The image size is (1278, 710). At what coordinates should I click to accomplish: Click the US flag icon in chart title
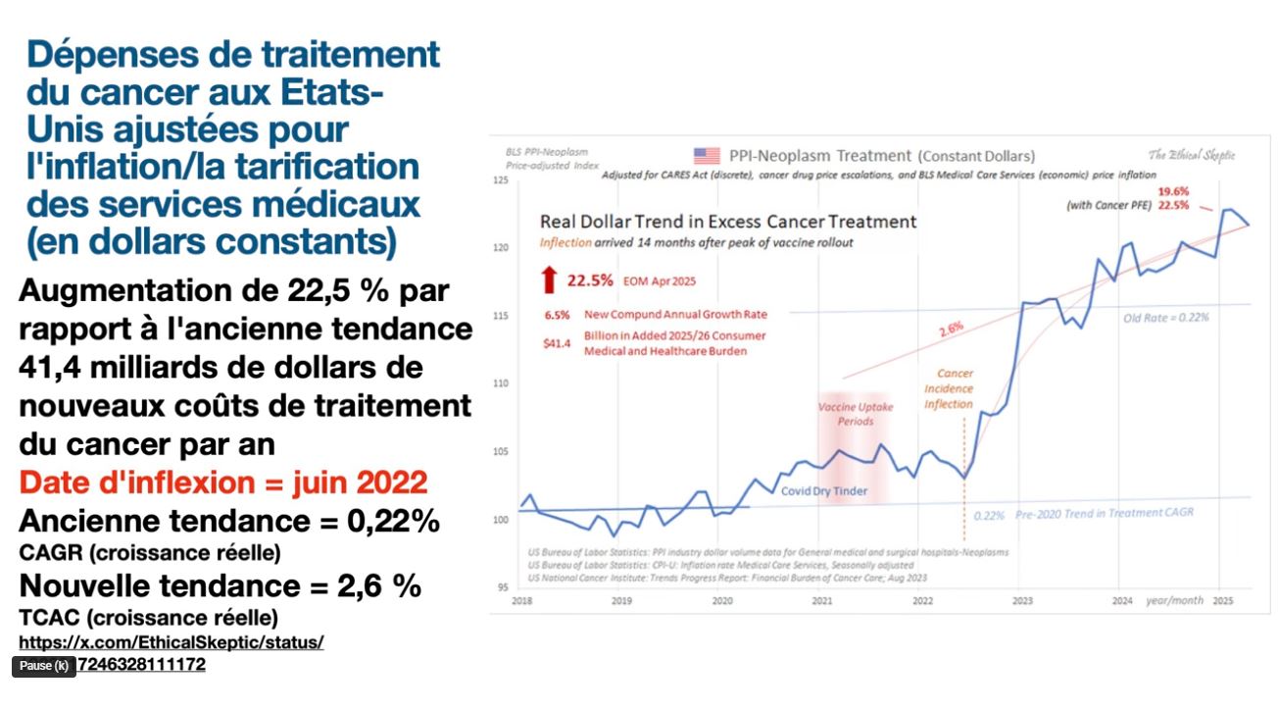coord(706,156)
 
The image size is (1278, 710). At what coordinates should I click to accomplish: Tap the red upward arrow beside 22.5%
coord(549,279)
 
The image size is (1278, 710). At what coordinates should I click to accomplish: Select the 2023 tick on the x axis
coord(1022,599)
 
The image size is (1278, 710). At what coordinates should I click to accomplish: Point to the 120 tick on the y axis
coord(501,248)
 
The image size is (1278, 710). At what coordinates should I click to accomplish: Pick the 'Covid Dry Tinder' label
coord(823,491)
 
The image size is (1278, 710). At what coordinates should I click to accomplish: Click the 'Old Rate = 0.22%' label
coord(1166,318)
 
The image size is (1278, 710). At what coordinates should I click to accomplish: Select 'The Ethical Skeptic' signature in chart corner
coord(1192,155)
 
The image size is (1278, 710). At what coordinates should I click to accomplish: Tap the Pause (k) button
coord(44,666)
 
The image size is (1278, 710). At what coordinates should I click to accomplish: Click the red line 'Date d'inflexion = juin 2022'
coord(223,482)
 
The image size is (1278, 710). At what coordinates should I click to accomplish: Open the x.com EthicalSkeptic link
coord(172,642)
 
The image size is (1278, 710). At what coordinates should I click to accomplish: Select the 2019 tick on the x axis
coord(621,599)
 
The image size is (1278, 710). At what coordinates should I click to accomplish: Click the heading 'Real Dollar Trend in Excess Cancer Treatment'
coord(729,222)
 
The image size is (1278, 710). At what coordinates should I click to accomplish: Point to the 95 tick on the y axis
coord(501,586)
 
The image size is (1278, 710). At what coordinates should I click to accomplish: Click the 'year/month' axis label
coord(1174,599)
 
